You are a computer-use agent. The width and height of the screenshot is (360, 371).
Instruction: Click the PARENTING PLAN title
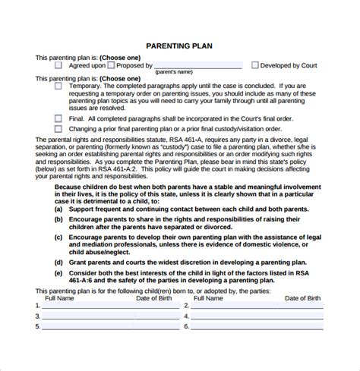pos(180,46)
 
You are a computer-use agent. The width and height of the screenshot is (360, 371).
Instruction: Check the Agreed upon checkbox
pos(58,66)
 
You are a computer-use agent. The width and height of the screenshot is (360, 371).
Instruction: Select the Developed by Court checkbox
pos(254,66)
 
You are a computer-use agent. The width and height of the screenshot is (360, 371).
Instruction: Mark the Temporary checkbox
pos(58,86)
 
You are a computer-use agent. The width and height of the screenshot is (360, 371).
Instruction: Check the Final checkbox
pos(58,118)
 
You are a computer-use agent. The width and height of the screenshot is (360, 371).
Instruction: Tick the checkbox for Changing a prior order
pos(58,128)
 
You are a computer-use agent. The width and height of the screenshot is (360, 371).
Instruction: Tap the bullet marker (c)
pos(58,237)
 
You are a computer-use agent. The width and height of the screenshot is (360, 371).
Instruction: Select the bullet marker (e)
pos(58,271)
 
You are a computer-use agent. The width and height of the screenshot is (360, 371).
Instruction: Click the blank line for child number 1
pos(106,307)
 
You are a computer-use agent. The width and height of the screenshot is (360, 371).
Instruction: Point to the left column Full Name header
pos(62,297)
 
